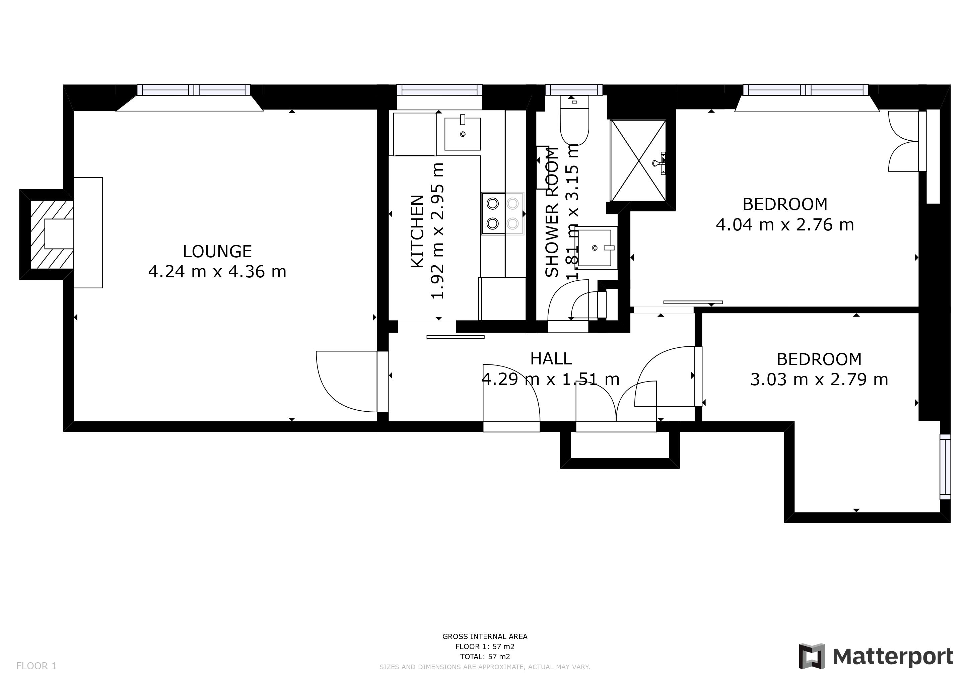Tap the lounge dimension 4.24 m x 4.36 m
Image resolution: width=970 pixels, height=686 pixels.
tap(217, 272)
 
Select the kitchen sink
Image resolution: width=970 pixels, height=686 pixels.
tap(462, 134)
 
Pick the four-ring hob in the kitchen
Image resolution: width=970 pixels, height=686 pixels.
tap(502, 214)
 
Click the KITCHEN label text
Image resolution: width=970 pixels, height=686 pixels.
tap(417, 231)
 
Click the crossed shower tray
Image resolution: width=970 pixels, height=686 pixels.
tap(638, 160)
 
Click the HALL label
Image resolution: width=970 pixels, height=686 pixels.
tap(551, 359)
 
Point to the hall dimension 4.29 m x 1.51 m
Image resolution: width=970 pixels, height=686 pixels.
tap(551, 379)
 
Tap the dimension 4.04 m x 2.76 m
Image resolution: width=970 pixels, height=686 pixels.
tap(785, 225)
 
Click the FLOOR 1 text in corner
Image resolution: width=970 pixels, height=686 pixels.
tap(36, 666)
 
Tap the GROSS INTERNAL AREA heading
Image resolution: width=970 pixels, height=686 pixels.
tap(485, 636)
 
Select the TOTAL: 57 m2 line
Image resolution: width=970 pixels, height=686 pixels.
tap(485, 657)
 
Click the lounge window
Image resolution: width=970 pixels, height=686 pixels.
tap(194, 90)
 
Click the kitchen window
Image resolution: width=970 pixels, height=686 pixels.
tap(439, 90)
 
